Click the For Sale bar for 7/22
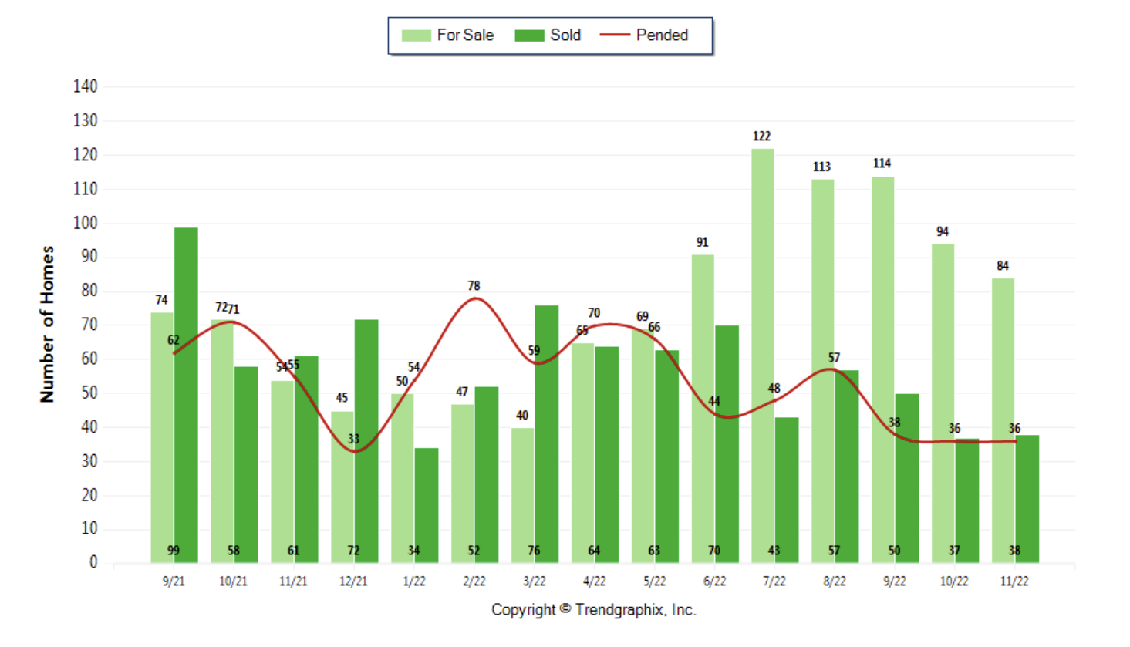[762, 355]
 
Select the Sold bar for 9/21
[186, 393]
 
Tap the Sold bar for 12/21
[366, 440]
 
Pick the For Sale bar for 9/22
[882, 370]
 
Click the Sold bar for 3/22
[546, 432]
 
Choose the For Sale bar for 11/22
[1003, 420]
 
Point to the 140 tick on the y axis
[86, 86]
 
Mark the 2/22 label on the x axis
[474, 581]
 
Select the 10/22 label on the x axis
[954, 581]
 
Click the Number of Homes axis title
[48, 324]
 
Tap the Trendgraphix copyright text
[593, 610]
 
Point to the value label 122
[761, 136]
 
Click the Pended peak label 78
[474, 286]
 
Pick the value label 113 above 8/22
[821, 167]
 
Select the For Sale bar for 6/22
[702, 409]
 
